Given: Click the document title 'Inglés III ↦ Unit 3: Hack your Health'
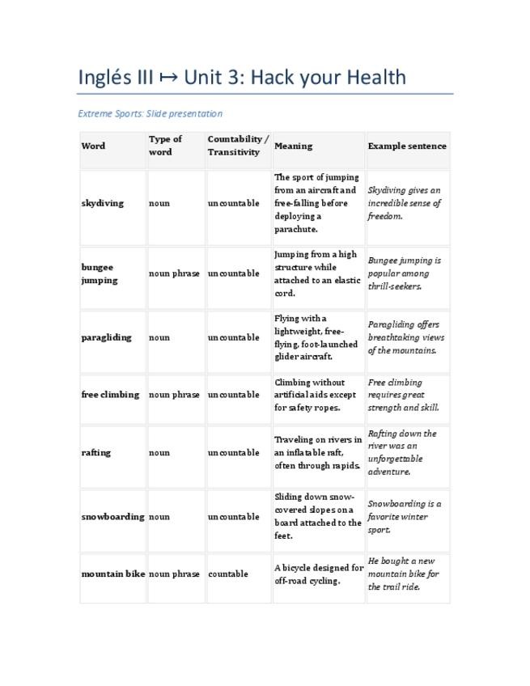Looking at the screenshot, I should (242, 78).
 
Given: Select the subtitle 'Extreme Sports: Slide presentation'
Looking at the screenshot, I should (150, 113).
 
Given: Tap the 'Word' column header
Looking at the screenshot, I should (93, 146).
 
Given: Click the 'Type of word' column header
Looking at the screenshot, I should (166, 146).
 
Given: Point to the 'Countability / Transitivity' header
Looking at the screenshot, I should (238, 146).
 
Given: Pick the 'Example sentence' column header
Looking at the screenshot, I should (406, 146).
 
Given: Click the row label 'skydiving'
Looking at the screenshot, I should (103, 203).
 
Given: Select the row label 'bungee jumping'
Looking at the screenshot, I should (99, 273).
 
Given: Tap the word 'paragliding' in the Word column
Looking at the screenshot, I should (106, 337).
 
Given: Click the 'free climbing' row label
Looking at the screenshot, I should (110, 395).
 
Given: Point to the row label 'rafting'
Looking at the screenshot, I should (96, 452).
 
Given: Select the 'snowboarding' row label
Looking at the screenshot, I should (112, 516).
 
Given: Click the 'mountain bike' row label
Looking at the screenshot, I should (112, 574).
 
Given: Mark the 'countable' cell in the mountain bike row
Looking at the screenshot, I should (227, 574).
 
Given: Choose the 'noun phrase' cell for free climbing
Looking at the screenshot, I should (174, 395).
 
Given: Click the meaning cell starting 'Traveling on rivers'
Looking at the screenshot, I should (318, 452).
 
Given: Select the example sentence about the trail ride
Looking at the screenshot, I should (403, 574).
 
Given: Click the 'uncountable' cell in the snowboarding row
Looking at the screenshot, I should (233, 516).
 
